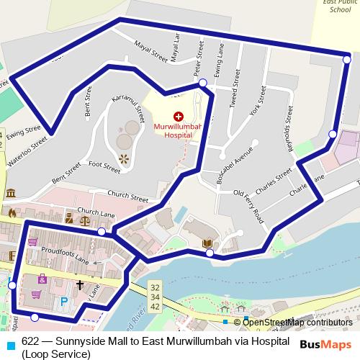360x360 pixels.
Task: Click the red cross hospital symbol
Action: pos(178,116)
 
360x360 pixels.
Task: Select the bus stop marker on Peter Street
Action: pos(203,84)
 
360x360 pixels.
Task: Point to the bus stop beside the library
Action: pos(209,253)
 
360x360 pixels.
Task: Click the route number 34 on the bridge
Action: pos(156,296)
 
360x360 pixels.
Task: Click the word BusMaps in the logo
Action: pos(326,344)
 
